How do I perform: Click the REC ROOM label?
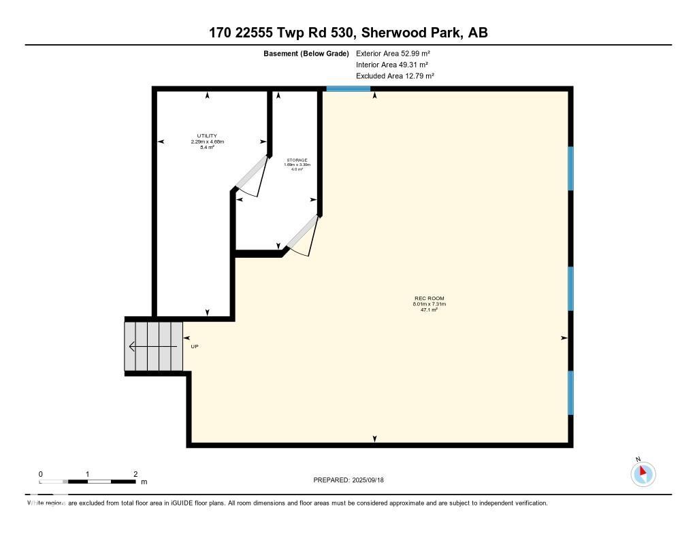click(x=429, y=299)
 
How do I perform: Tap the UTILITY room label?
click(x=207, y=136)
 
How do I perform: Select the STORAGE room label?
click(x=297, y=160)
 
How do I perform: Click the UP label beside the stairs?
click(x=195, y=346)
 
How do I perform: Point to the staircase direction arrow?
click(x=150, y=346)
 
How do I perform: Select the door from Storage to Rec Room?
click(x=301, y=233)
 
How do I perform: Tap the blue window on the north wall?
click(x=348, y=88)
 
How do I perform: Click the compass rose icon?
click(x=643, y=473)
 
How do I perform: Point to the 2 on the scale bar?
click(x=135, y=474)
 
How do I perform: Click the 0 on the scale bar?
click(x=41, y=474)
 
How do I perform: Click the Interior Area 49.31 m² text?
click(x=391, y=65)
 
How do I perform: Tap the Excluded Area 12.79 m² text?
click(x=395, y=76)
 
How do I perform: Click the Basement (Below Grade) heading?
click(x=306, y=53)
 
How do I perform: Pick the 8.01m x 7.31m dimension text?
click(x=429, y=304)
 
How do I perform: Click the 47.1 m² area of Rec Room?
click(x=429, y=309)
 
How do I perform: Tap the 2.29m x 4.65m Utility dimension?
click(x=207, y=141)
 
